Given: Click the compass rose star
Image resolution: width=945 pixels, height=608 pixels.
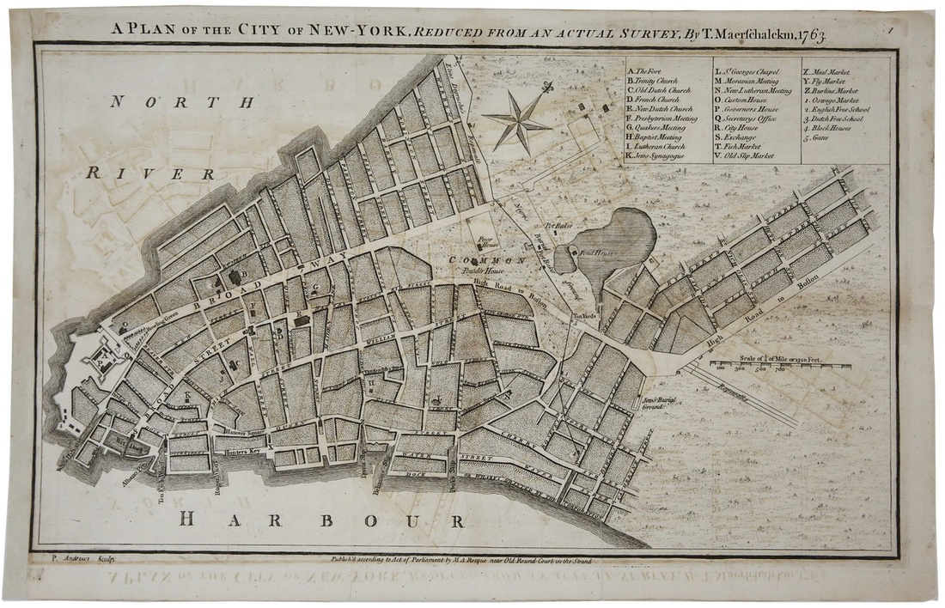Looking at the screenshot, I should click(x=517, y=120).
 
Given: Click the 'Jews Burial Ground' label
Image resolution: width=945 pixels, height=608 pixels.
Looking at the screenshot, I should click(x=661, y=404).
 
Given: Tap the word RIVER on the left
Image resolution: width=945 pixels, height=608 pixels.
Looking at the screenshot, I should click(x=149, y=173).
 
